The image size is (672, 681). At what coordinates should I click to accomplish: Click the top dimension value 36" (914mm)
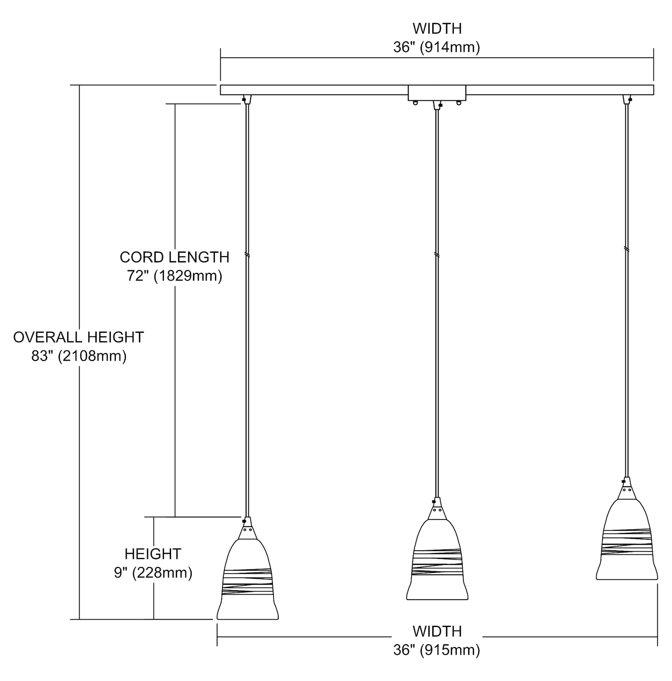tap(436, 48)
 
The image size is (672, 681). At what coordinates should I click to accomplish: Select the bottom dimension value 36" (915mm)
tap(436, 650)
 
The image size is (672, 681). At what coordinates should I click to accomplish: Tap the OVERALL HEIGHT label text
tap(79, 337)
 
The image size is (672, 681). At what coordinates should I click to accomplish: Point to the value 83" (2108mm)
tap(79, 356)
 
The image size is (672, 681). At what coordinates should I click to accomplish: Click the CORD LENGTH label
tap(174, 257)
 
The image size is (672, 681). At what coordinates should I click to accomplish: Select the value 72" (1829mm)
tap(174, 276)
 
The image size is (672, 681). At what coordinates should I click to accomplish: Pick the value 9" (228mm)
tap(153, 573)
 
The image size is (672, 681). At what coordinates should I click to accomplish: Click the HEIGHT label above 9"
tap(153, 554)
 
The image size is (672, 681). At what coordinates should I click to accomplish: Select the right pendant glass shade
tap(627, 540)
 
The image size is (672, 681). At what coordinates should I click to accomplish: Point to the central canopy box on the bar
tap(437, 93)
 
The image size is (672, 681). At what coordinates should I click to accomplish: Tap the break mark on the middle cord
tap(437, 255)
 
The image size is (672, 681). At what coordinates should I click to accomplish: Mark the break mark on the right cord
tap(627, 249)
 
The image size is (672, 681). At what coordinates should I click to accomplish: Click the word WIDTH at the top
tap(437, 29)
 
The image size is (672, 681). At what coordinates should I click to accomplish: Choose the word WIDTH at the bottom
tap(437, 631)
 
